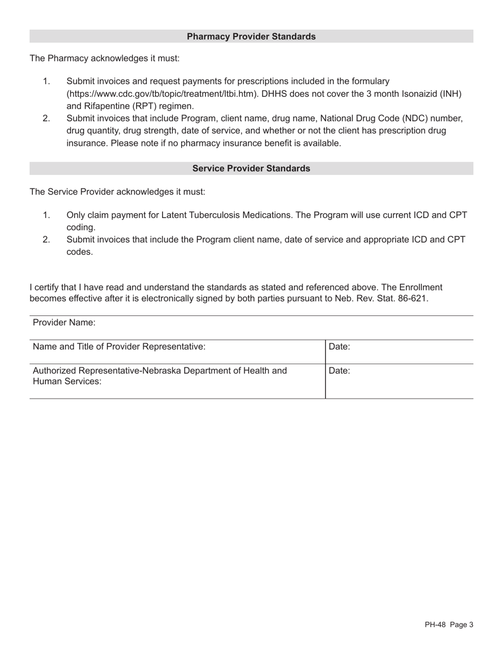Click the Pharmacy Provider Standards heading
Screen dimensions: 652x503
[251, 37]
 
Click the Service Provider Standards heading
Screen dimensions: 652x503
[251, 169]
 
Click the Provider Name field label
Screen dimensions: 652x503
[64, 323]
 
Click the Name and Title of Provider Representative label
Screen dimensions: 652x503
[119, 347]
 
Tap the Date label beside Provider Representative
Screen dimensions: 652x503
[339, 347]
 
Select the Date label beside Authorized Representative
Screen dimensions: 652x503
[339, 371]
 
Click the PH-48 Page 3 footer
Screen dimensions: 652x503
[448, 625]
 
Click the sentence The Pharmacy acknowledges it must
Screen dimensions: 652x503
[104, 58]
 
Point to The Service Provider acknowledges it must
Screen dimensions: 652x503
[117, 192]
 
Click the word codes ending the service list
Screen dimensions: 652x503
[79, 252]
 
